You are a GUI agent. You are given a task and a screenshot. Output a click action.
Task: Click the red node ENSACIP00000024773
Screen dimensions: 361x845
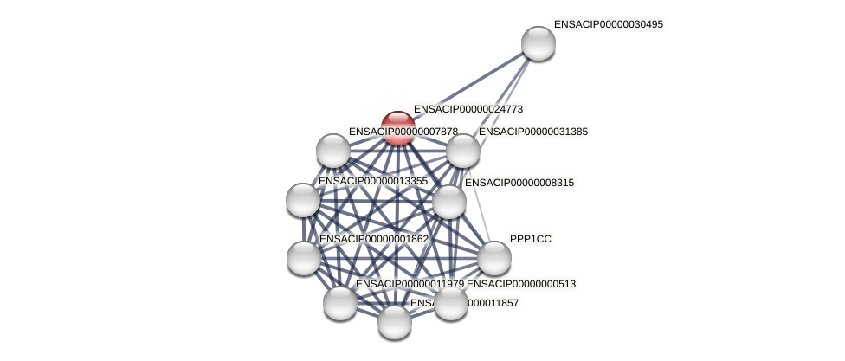tap(397, 128)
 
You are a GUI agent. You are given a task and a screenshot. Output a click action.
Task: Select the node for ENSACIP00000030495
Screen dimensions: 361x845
tap(538, 43)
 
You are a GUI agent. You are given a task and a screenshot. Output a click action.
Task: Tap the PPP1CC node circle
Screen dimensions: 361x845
tap(494, 258)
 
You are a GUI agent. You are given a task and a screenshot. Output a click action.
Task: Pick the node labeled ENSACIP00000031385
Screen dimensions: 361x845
tap(463, 151)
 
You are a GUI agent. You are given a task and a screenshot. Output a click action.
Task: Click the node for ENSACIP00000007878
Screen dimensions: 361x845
tap(333, 151)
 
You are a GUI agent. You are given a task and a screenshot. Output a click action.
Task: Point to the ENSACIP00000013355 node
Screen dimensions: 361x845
tap(303, 200)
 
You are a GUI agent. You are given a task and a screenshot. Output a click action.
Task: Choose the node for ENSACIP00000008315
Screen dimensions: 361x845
tap(448, 202)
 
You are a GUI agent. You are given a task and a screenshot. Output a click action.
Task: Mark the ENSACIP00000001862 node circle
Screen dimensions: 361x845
tap(304, 257)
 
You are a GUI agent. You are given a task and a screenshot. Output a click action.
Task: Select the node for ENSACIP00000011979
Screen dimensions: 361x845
tap(340, 302)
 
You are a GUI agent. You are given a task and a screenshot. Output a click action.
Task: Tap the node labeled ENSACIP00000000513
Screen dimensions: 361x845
tap(451, 302)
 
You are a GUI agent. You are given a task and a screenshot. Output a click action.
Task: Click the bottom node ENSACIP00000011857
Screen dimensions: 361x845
tap(395, 322)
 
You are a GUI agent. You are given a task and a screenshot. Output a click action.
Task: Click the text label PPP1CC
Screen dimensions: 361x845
tap(530, 239)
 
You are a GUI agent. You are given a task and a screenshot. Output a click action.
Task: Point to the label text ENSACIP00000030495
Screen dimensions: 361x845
tap(608, 24)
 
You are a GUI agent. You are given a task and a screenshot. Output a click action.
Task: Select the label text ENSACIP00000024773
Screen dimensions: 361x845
tap(468, 109)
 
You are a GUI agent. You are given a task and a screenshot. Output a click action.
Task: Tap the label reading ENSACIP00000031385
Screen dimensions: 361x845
tap(532, 132)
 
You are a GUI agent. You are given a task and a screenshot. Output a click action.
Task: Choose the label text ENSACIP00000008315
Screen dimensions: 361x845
tap(519, 183)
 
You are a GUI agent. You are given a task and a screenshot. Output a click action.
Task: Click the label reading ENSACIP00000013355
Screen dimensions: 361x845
tap(373, 181)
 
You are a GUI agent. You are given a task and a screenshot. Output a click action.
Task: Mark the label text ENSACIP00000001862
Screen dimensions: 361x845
tap(373, 239)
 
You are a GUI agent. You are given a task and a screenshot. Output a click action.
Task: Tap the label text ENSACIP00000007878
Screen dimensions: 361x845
tap(403, 132)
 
